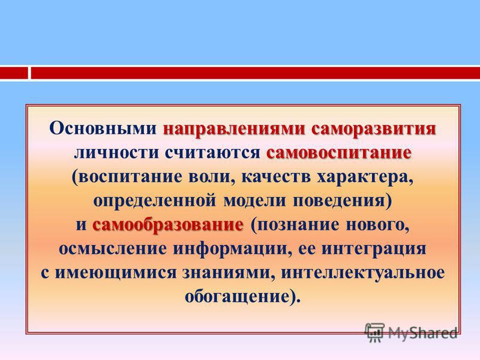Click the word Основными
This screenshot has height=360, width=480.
[103, 128]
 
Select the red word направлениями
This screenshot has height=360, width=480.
[235, 129]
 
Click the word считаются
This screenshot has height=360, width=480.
[212, 153]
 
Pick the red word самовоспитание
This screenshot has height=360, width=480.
[339, 153]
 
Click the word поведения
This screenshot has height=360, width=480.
[339, 202]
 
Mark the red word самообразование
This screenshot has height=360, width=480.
[168, 226]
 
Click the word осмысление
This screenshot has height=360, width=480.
[113, 249]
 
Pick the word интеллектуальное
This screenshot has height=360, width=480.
[363, 274]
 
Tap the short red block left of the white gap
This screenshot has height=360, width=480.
[14, 73]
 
